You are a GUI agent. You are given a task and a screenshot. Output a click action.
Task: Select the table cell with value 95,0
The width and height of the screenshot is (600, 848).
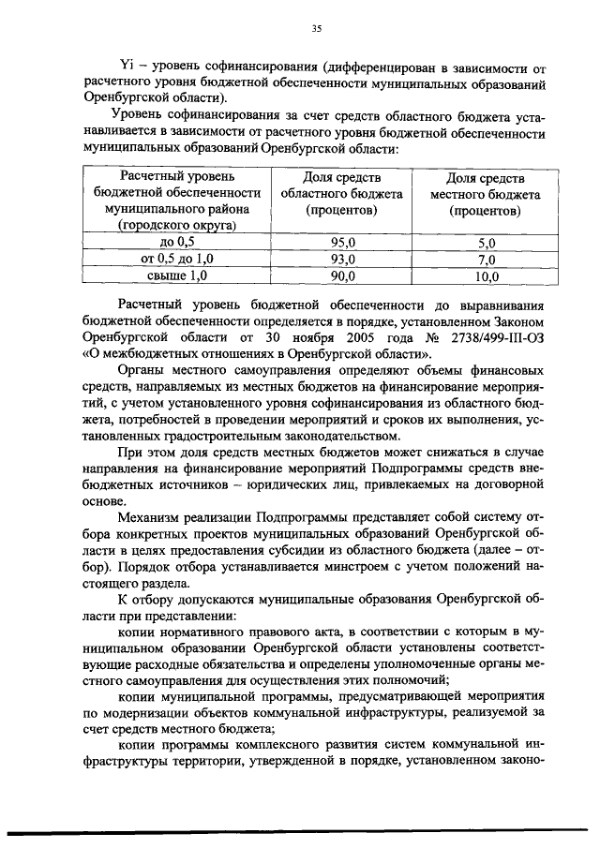pyautogui.click(x=343, y=243)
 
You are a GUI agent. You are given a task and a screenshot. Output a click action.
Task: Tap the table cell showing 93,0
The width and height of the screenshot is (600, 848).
pyautogui.click(x=343, y=260)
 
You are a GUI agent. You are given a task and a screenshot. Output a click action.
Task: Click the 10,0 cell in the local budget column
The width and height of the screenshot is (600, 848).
pyautogui.click(x=485, y=276)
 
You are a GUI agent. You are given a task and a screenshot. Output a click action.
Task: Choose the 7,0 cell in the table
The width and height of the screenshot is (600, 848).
pyautogui.click(x=485, y=260)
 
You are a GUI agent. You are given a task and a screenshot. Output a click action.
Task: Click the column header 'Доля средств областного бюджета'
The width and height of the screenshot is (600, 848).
pyautogui.click(x=342, y=194)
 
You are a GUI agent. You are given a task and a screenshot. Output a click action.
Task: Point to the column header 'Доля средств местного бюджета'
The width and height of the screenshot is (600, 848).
pyautogui.click(x=485, y=194)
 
